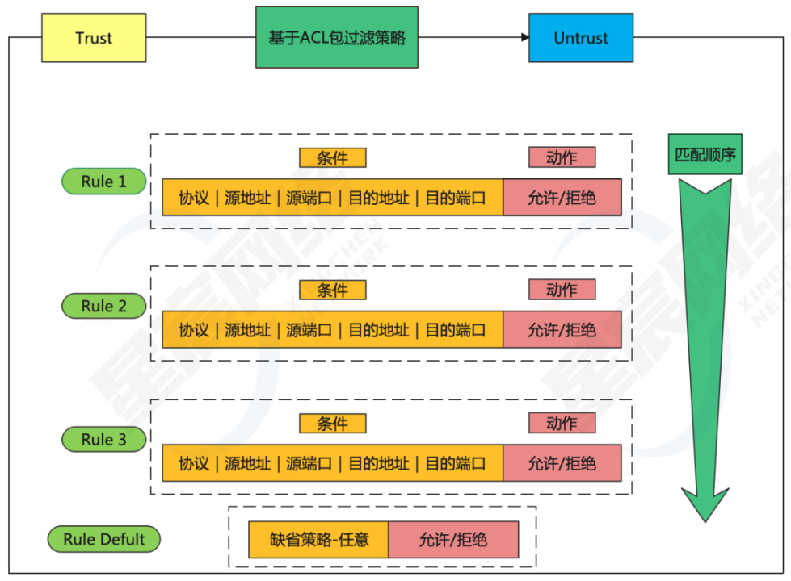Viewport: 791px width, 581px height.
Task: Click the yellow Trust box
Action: coord(94,38)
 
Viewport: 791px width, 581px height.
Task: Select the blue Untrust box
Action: coord(581,38)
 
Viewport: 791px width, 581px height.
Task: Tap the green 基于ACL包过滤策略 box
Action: coord(337,38)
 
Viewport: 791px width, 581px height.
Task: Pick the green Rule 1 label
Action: coord(103,182)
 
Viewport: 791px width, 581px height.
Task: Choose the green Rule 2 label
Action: coord(103,306)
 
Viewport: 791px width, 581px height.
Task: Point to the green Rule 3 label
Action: coord(103,440)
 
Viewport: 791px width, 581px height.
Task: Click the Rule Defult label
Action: coord(104,539)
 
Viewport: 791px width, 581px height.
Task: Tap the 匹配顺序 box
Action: coord(705,154)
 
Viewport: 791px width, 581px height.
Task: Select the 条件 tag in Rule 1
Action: coord(332,157)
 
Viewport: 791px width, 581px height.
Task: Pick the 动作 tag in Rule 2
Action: coord(562,290)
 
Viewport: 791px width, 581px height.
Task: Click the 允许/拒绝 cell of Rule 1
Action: coord(562,198)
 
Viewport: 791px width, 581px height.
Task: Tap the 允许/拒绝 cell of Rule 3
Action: coord(562,463)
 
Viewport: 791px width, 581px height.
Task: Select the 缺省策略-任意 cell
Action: coord(318,539)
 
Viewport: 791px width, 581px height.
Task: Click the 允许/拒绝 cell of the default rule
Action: coord(453,539)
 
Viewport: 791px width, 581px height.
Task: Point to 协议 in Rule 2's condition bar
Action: coord(194,330)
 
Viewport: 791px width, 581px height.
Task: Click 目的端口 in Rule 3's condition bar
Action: coord(456,463)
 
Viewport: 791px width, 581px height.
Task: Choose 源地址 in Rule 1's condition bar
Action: coord(247,198)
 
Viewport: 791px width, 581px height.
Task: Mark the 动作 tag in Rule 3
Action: coord(562,423)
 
